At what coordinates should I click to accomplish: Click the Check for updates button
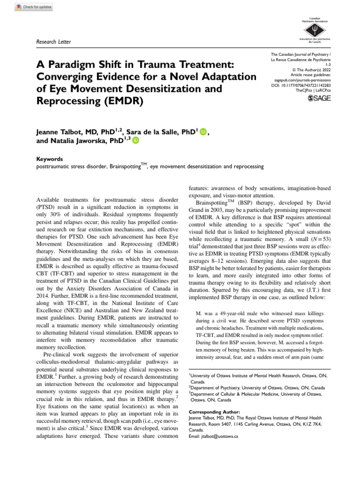point(34,7)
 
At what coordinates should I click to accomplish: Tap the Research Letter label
point(54,42)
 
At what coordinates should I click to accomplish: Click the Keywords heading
point(50,159)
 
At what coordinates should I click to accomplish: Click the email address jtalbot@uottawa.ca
point(213,435)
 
